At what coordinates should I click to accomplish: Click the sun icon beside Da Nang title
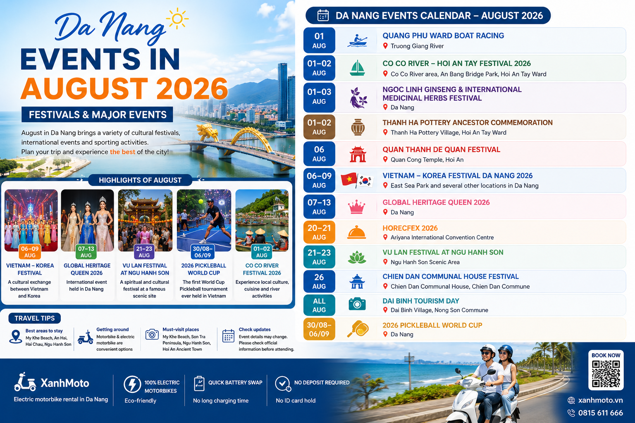[177, 19]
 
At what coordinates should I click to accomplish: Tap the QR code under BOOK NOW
[606, 374]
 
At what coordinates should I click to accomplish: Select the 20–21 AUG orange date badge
[319, 232]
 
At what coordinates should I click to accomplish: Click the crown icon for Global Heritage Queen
[356, 207]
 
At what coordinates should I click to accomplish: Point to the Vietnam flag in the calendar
[349, 179]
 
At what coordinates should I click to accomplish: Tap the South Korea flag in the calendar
[365, 181]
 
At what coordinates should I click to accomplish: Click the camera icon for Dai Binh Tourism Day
[357, 304]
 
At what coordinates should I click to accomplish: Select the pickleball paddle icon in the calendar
[358, 329]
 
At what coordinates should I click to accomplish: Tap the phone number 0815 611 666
[600, 413]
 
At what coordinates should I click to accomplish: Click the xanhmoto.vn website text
[600, 400]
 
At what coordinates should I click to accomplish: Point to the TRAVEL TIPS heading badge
[35, 318]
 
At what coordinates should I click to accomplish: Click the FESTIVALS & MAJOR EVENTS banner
[97, 114]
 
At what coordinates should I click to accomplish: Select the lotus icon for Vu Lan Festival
[357, 257]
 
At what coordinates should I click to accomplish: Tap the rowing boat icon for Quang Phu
[357, 40]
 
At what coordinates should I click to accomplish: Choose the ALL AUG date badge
[319, 305]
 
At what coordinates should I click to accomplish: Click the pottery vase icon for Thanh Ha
[358, 127]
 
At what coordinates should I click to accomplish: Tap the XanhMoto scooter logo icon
[25, 382]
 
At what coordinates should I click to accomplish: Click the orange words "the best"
[122, 152]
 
